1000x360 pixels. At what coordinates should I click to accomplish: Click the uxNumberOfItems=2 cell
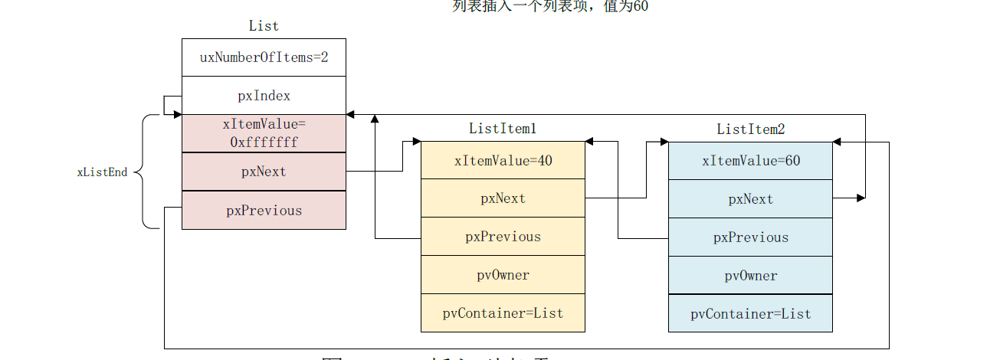click(264, 57)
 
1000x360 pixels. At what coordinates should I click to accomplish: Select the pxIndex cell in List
click(264, 96)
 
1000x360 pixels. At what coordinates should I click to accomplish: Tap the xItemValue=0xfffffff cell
click(264, 133)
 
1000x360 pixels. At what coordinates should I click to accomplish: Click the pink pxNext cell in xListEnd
click(264, 172)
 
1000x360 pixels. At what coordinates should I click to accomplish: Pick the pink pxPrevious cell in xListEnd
click(264, 211)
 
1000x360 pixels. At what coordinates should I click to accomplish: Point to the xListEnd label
click(102, 172)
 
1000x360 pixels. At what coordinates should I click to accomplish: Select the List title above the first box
click(264, 26)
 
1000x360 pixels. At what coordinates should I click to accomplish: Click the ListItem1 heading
click(503, 129)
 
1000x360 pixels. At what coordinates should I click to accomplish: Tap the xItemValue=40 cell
click(503, 161)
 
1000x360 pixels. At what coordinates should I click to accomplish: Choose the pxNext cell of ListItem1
click(503, 198)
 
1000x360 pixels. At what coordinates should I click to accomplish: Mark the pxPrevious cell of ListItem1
click(503, 237)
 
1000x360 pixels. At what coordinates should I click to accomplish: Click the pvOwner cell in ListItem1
click(503, 275)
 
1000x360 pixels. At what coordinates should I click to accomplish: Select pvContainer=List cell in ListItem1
click(503, 313)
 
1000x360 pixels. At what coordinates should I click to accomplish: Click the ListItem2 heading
click(750, 129)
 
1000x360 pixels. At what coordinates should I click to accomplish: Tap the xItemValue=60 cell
click(750, 161)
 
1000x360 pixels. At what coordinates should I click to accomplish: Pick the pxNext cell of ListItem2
click(750, 199)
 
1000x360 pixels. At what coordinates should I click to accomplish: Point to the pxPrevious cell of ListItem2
click(750, 237)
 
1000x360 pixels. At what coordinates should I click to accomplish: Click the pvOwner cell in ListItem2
click(750, 276)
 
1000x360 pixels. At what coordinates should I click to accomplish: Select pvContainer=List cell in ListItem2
click(750, 314)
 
